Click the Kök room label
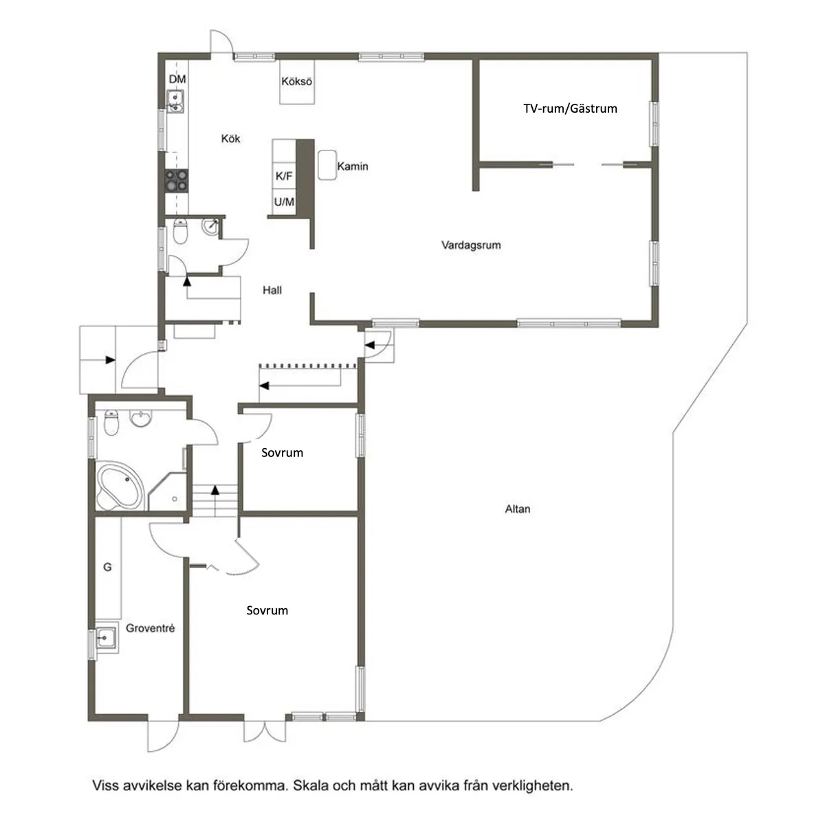230,139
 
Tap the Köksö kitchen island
297,81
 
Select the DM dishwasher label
177,79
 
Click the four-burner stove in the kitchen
177,181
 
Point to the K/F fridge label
284,176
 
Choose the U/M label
284,201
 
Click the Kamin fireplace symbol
327,165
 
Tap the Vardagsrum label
471,245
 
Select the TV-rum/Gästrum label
570,109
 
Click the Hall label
272,290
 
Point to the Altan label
518,509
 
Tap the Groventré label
151,629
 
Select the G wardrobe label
107,567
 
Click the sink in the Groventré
106,638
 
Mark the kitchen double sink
175,102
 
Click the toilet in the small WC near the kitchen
180,232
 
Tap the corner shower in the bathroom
167,491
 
